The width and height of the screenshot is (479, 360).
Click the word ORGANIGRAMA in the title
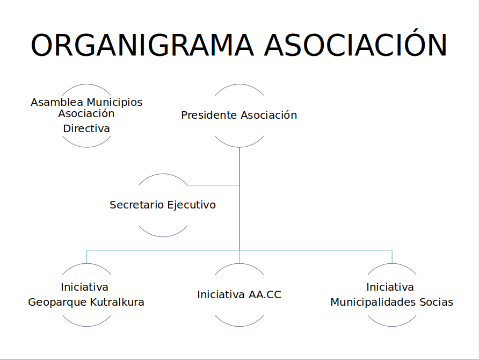142,45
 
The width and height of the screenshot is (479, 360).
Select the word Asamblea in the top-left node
57,102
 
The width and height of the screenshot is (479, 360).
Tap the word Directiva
86,128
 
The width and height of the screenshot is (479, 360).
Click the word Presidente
209,115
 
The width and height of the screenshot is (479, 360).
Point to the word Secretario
136,205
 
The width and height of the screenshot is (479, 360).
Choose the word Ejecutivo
191,205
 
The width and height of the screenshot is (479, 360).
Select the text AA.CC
265,294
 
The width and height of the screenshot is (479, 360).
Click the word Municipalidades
373,303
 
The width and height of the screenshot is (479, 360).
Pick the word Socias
436,302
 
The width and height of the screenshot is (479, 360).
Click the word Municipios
114,103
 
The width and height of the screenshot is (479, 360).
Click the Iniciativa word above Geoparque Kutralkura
85,287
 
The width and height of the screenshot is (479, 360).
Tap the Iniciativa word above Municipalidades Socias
390,287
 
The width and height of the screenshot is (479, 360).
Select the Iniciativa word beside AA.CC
221,294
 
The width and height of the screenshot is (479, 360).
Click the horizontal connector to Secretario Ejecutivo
213,185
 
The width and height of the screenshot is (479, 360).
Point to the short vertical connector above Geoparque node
87,257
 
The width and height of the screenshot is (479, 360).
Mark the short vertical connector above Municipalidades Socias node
392,257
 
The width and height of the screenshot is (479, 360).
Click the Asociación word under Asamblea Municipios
86,114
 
